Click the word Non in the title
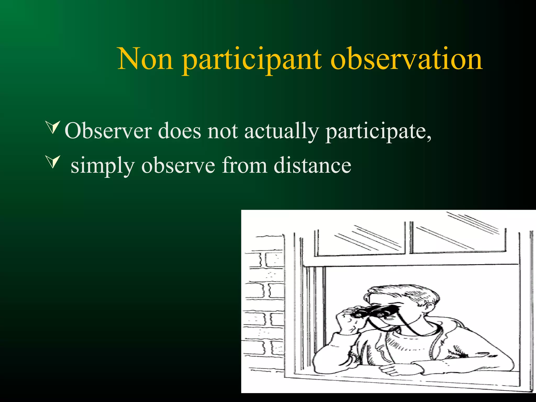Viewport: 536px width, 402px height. (145, 59)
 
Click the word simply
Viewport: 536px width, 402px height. (103, 166)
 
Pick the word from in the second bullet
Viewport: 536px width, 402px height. (244, 165)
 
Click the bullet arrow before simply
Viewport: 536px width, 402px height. (53, 162)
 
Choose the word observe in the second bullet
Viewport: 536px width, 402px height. (178, 165)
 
